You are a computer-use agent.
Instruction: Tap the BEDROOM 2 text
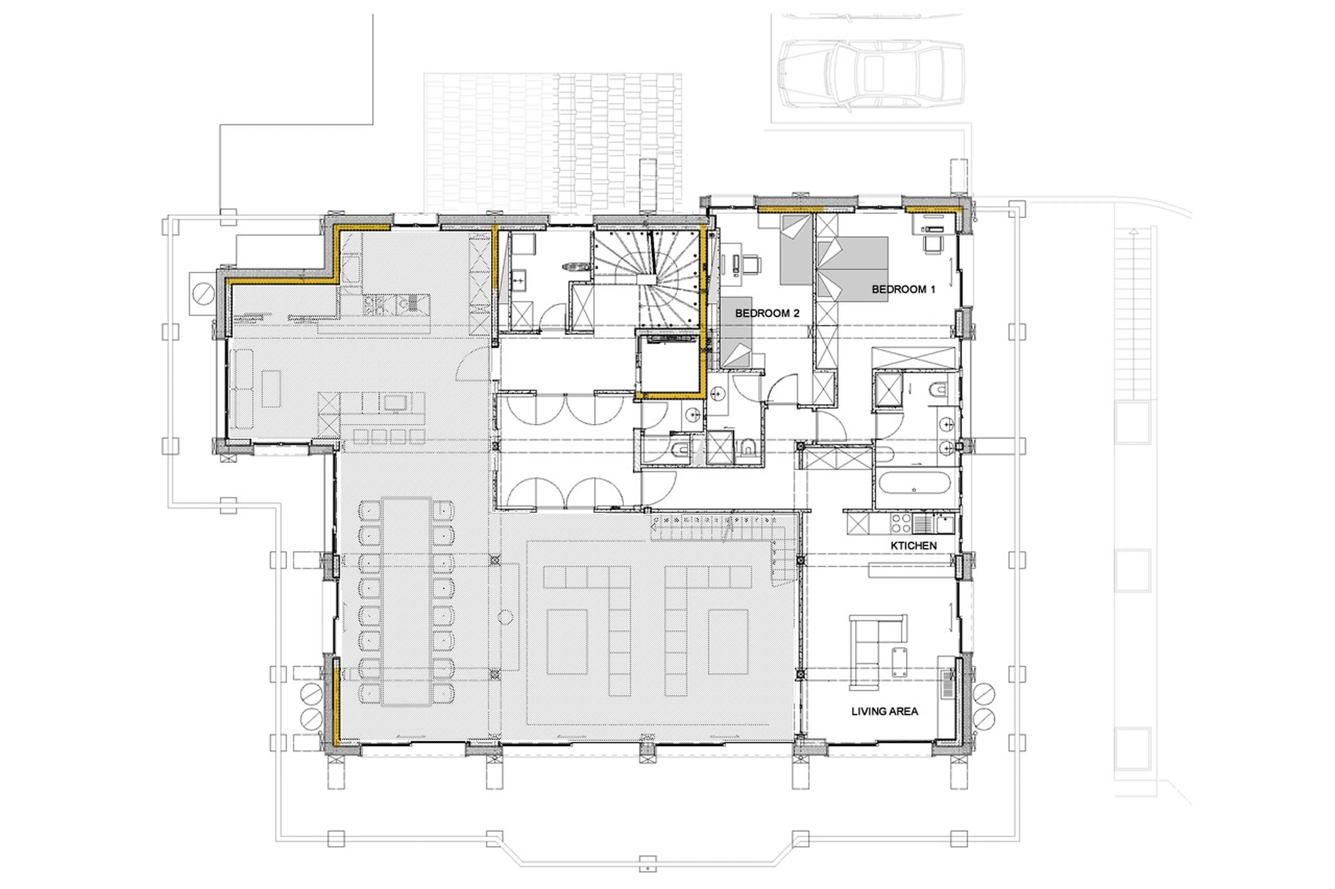coord(767,313)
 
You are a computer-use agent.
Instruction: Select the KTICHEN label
coord(913,545)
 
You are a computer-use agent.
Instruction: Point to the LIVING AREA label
coord(884,711)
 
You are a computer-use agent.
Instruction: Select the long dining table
coord(406,601)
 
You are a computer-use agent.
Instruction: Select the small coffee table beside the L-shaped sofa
coord(898,662)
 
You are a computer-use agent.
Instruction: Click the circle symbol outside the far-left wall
coord(203,293)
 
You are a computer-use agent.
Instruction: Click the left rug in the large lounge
coord(566,641)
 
